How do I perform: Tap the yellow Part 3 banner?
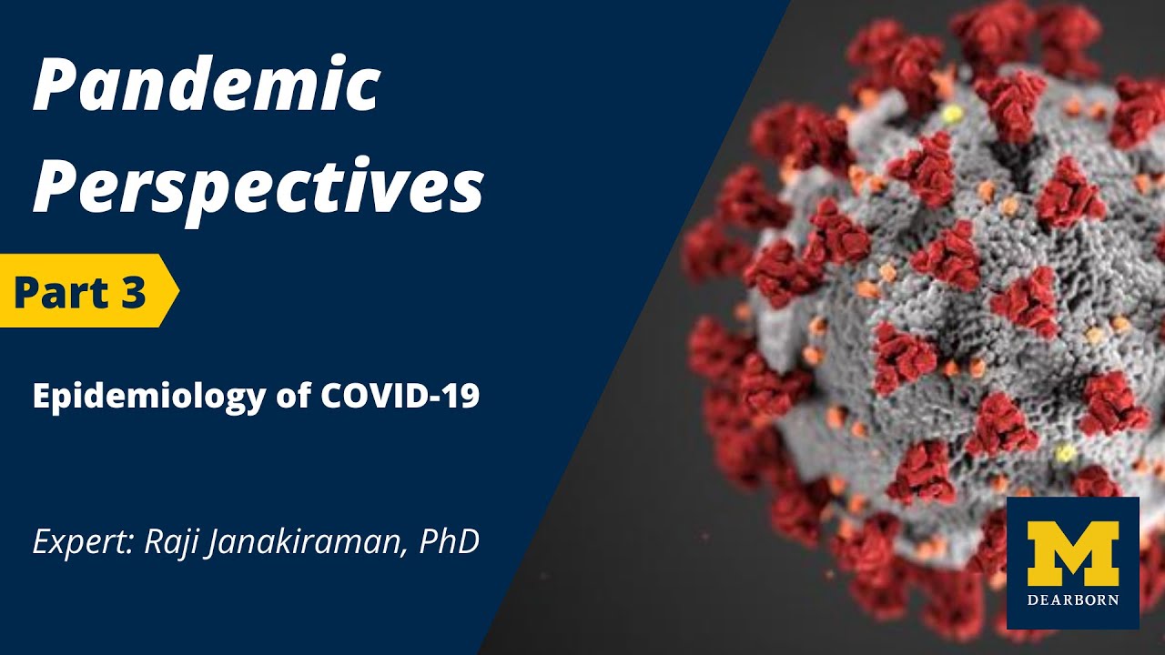coord(89,291)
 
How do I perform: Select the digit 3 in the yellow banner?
coord(135,292)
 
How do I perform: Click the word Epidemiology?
coord(148,398)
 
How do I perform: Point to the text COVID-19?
coord(400,396)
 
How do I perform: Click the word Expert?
coord(85,543)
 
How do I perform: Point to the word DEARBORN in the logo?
coord(1072,600)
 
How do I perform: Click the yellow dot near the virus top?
coord(952,113)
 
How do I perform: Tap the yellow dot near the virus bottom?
coord(1065,453)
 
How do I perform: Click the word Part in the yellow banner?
coord(63,292)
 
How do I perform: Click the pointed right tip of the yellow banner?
coord(179,291)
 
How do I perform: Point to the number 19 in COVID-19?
coord(463,396)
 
